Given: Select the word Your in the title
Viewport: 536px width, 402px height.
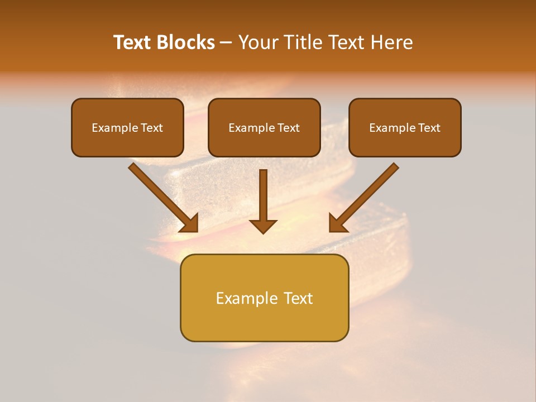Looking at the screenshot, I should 257,42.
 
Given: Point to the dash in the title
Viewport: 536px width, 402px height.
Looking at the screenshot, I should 226,43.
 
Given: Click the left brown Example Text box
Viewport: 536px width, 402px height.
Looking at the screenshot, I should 127,127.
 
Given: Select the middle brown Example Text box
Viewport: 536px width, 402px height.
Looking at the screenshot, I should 264,127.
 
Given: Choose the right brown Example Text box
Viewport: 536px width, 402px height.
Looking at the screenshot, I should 405,127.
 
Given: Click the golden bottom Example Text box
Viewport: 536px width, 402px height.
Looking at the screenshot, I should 264,298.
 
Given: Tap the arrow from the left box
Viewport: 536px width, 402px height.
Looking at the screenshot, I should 162,197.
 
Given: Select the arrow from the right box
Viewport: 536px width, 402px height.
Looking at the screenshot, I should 365,197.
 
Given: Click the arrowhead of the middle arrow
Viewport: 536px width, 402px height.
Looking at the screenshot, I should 264,226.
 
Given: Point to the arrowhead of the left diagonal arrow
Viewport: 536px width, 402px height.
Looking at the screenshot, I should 190,223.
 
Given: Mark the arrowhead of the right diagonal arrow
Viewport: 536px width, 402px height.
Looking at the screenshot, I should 337,223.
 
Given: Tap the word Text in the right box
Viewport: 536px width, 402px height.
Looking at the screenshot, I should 429,128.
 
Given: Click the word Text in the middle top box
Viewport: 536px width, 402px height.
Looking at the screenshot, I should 288,128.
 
